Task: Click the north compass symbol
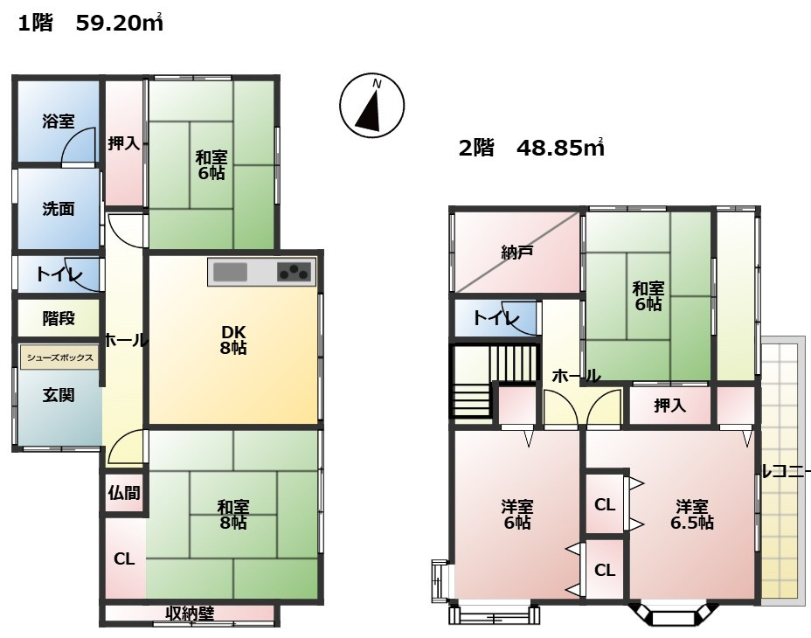[372, 106]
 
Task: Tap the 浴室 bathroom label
[58, 121]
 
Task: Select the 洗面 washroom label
[58, 209]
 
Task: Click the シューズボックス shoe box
[59, 357]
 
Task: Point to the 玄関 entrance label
[58, 395]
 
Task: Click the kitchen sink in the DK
[231, 272]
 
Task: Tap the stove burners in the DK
[295, 272]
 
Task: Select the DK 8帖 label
[233, 339]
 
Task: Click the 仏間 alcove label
[124, 493]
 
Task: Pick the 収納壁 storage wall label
[190, 614]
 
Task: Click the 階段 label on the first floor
[59, 318]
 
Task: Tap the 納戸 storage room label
[517, 253]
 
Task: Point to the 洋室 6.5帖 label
[692, 514]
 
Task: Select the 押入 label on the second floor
[669, 406]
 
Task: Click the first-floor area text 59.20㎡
[120, 24]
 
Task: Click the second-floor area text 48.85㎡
[561, 148]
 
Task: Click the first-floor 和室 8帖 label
[232, 514]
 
